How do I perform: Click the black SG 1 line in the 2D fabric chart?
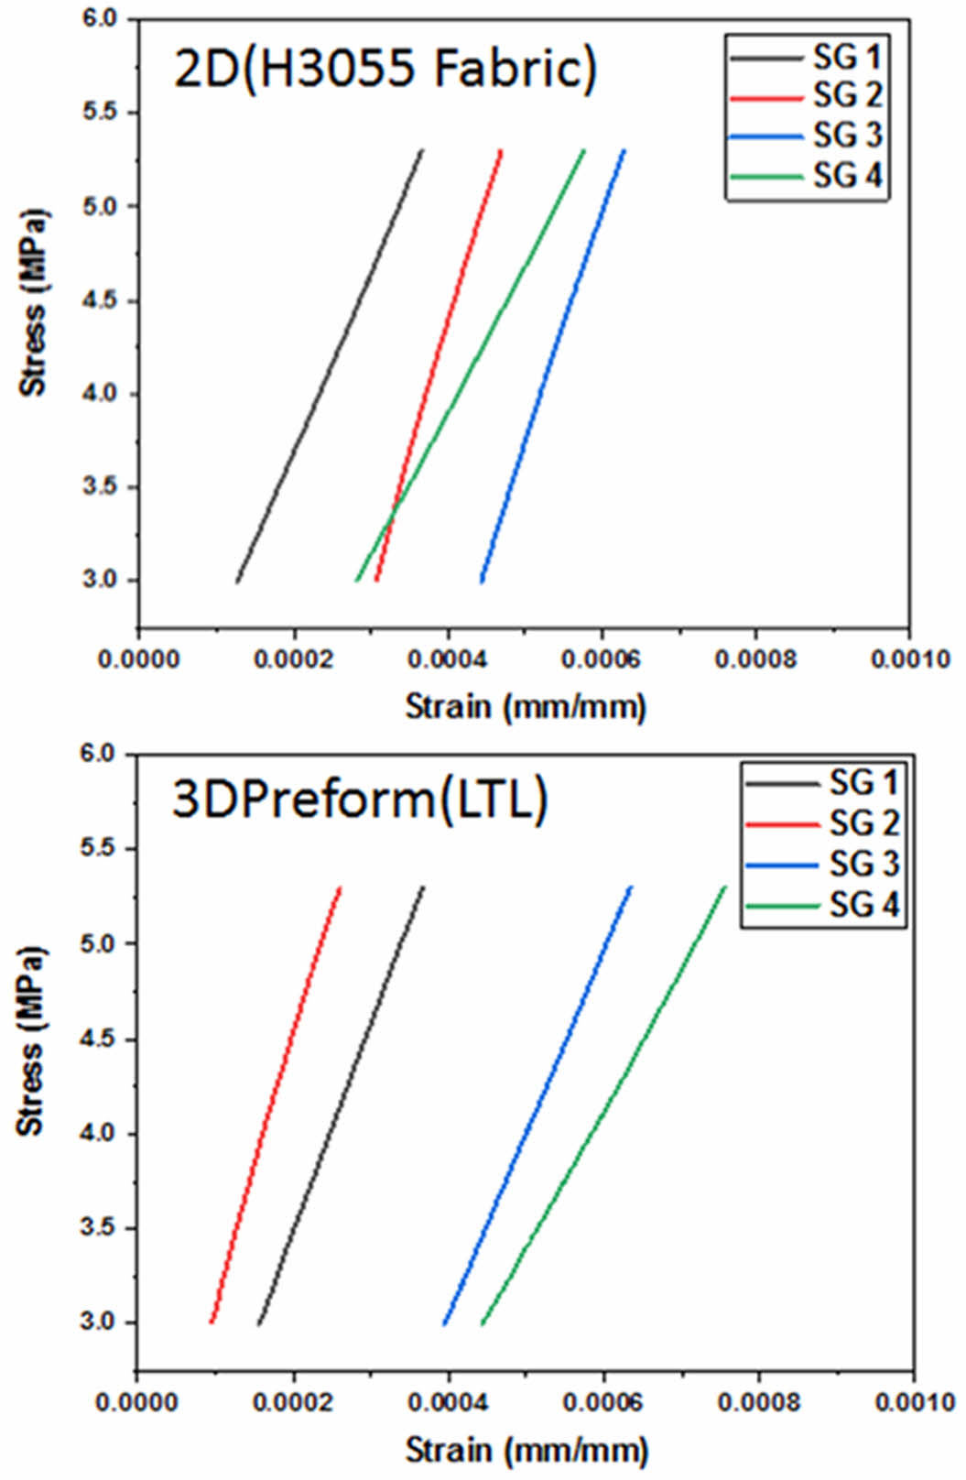[x=329, y=366]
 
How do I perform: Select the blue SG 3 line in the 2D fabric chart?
[x=553, y=366]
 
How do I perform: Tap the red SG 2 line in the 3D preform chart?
[x=275, y=1105]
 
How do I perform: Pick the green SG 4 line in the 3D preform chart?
[x=603, y=1105]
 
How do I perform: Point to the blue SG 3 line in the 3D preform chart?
[x=537, y=1105]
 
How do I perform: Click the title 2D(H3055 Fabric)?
[x=385, y=69]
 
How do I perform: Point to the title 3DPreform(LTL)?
[x=360, y=800]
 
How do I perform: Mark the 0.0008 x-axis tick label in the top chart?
[x=755, y=659]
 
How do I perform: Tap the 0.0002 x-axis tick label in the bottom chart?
[x=293, y=1402]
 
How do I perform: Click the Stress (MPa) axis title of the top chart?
[x=34, y=302]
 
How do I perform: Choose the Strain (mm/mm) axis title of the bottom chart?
[x=526, y=1450]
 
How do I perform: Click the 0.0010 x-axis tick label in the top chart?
[x=910, y=659]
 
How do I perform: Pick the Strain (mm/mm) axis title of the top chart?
[x=526, y=706]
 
